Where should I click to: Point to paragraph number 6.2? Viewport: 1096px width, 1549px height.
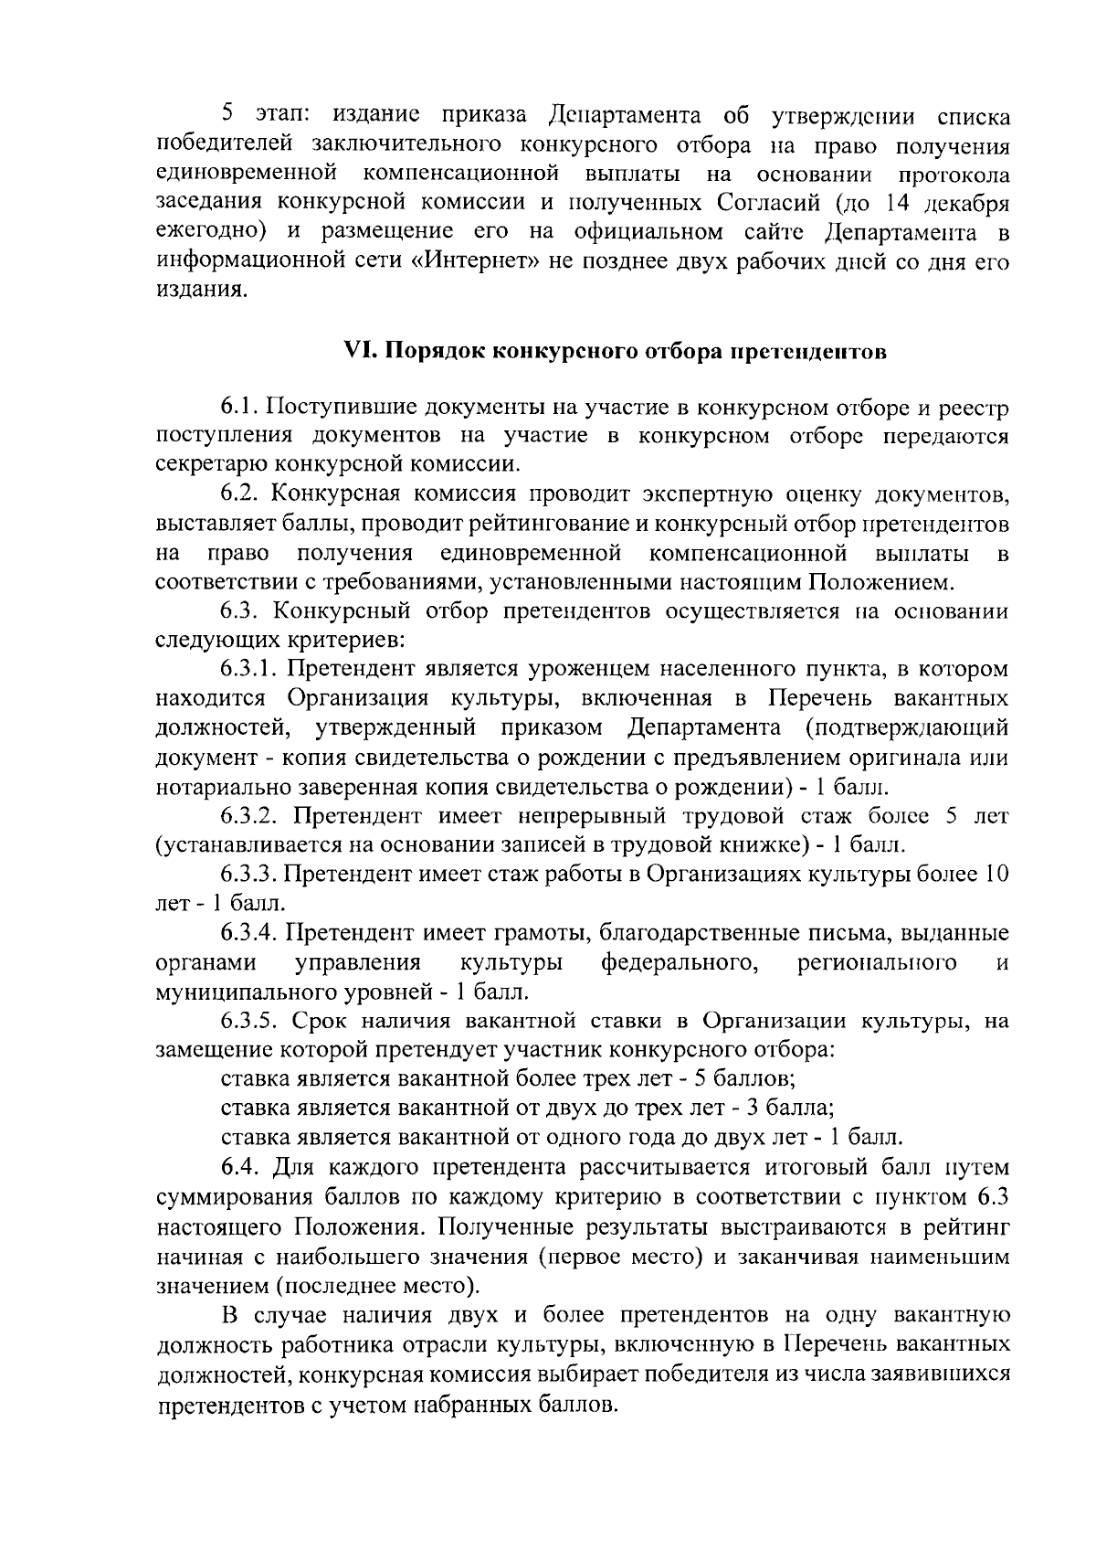pyautogui.click(x=239, y=494)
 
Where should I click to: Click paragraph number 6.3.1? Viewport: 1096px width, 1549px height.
pyautogui.click(x=250, y=670)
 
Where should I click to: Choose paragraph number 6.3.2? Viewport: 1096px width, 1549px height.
pyautogui.click(x=250, y=816)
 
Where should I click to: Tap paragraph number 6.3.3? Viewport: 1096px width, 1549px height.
pyautogui.click(x=250, y=875)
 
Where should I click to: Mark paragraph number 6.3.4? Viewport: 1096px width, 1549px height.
pyautogui.click(x=250, y=933)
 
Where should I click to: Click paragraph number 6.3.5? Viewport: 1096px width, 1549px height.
pyautogui.click(x=250, y=1021)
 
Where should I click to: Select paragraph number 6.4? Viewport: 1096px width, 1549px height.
pyautogui.click(x=239, y=1167)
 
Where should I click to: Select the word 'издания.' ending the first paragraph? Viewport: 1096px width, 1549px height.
pyautogui.click(x=201, y=292)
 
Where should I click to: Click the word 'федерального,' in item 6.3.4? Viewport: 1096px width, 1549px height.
pyautogui.click(x=681, y=962)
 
